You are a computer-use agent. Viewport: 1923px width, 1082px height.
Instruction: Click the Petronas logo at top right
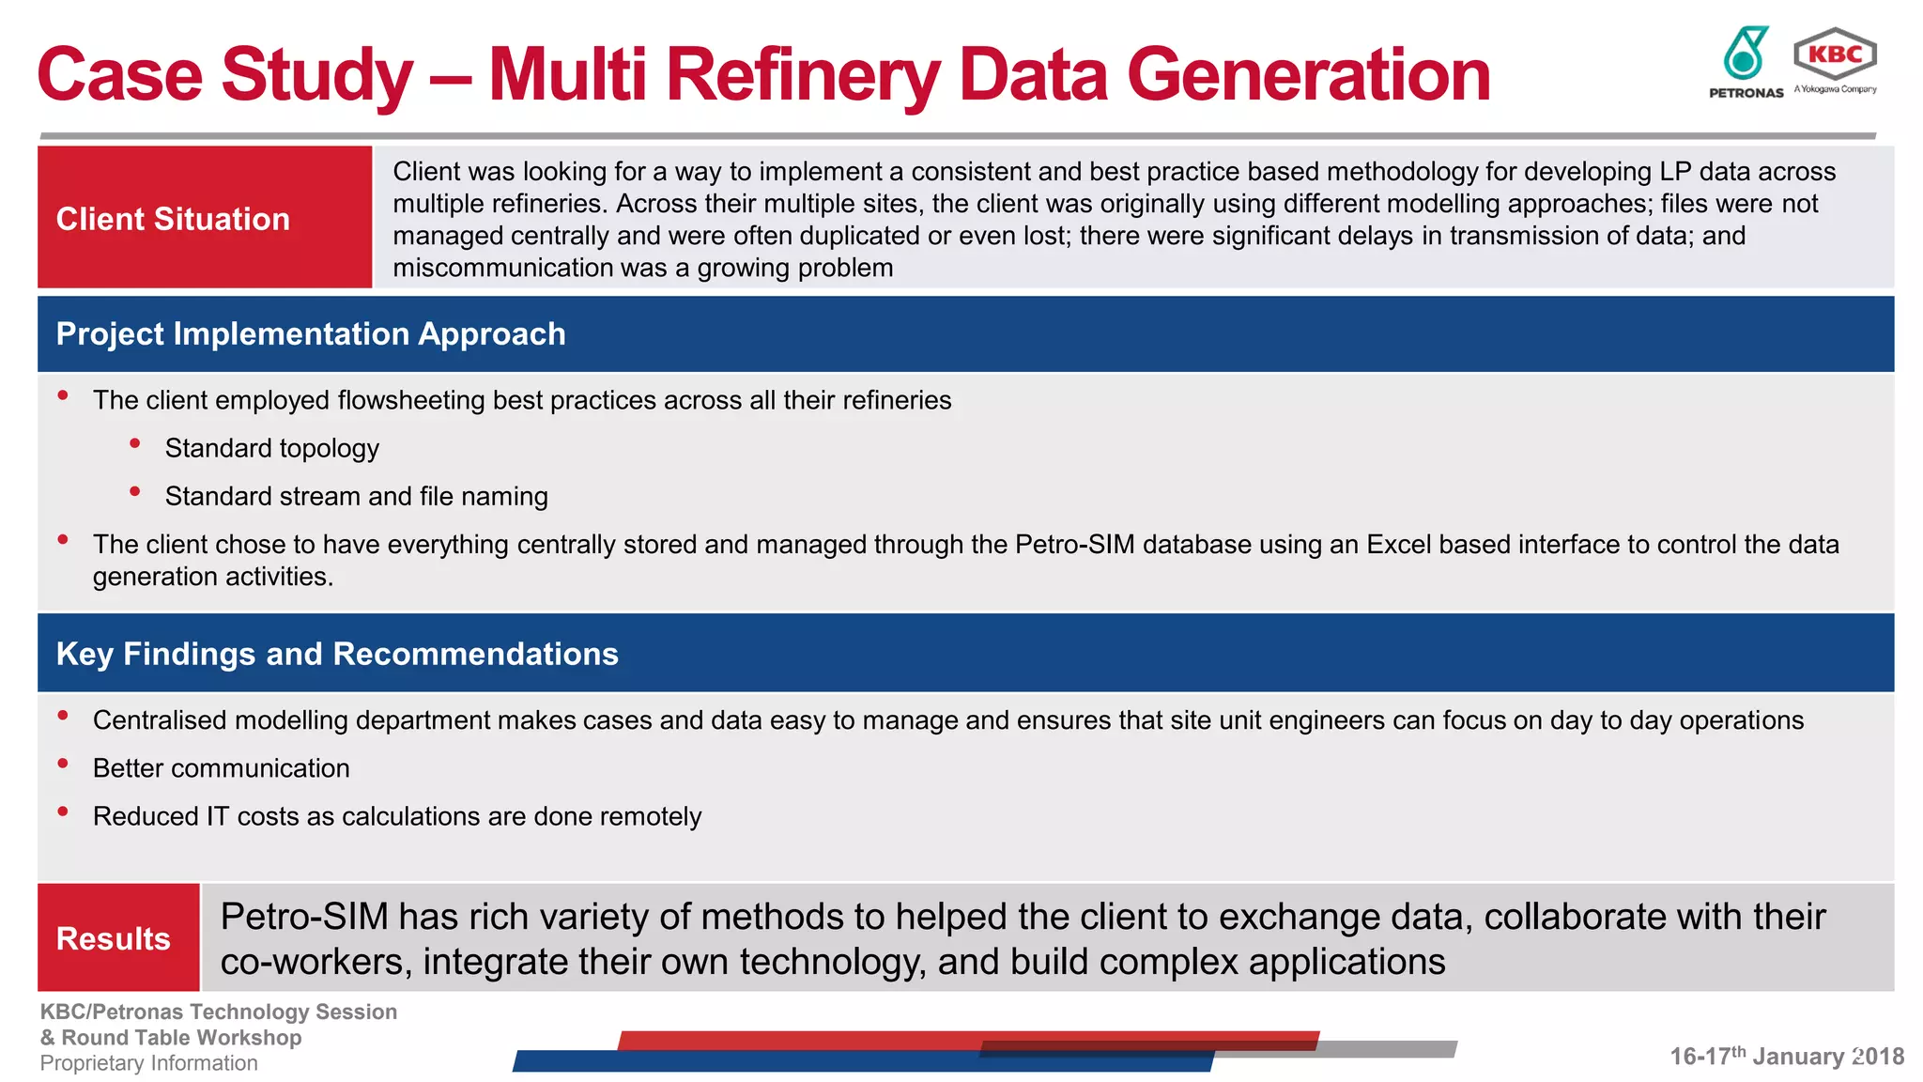click(1745, 62)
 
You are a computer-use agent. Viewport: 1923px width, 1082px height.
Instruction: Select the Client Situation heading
click(173, 219)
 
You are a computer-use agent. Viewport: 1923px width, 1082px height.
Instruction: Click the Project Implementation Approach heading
click(311, 334)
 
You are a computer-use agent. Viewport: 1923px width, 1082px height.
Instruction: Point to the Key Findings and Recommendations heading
click(337, 654)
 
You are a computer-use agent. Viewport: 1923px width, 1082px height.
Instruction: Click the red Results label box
click(118, 937)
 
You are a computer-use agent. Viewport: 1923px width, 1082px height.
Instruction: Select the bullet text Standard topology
click(271, 448)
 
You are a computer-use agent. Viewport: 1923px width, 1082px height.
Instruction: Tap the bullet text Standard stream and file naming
click(356, 496)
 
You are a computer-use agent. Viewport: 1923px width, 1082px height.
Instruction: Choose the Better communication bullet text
click(221, 768)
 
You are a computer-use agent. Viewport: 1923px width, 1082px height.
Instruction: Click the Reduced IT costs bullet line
click(396, 816)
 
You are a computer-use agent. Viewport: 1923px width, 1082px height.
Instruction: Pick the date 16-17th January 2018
click(1786, 1056)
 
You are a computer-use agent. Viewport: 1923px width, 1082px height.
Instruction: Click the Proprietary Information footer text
click(148, 1063)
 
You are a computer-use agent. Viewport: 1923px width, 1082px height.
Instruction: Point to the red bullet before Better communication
click(63, 764)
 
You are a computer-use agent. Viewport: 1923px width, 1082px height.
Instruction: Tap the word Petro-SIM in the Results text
click(304, 917)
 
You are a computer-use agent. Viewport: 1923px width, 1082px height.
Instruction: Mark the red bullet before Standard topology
click(135, 443)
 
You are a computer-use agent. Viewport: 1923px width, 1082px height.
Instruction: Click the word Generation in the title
click(1308, 75)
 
